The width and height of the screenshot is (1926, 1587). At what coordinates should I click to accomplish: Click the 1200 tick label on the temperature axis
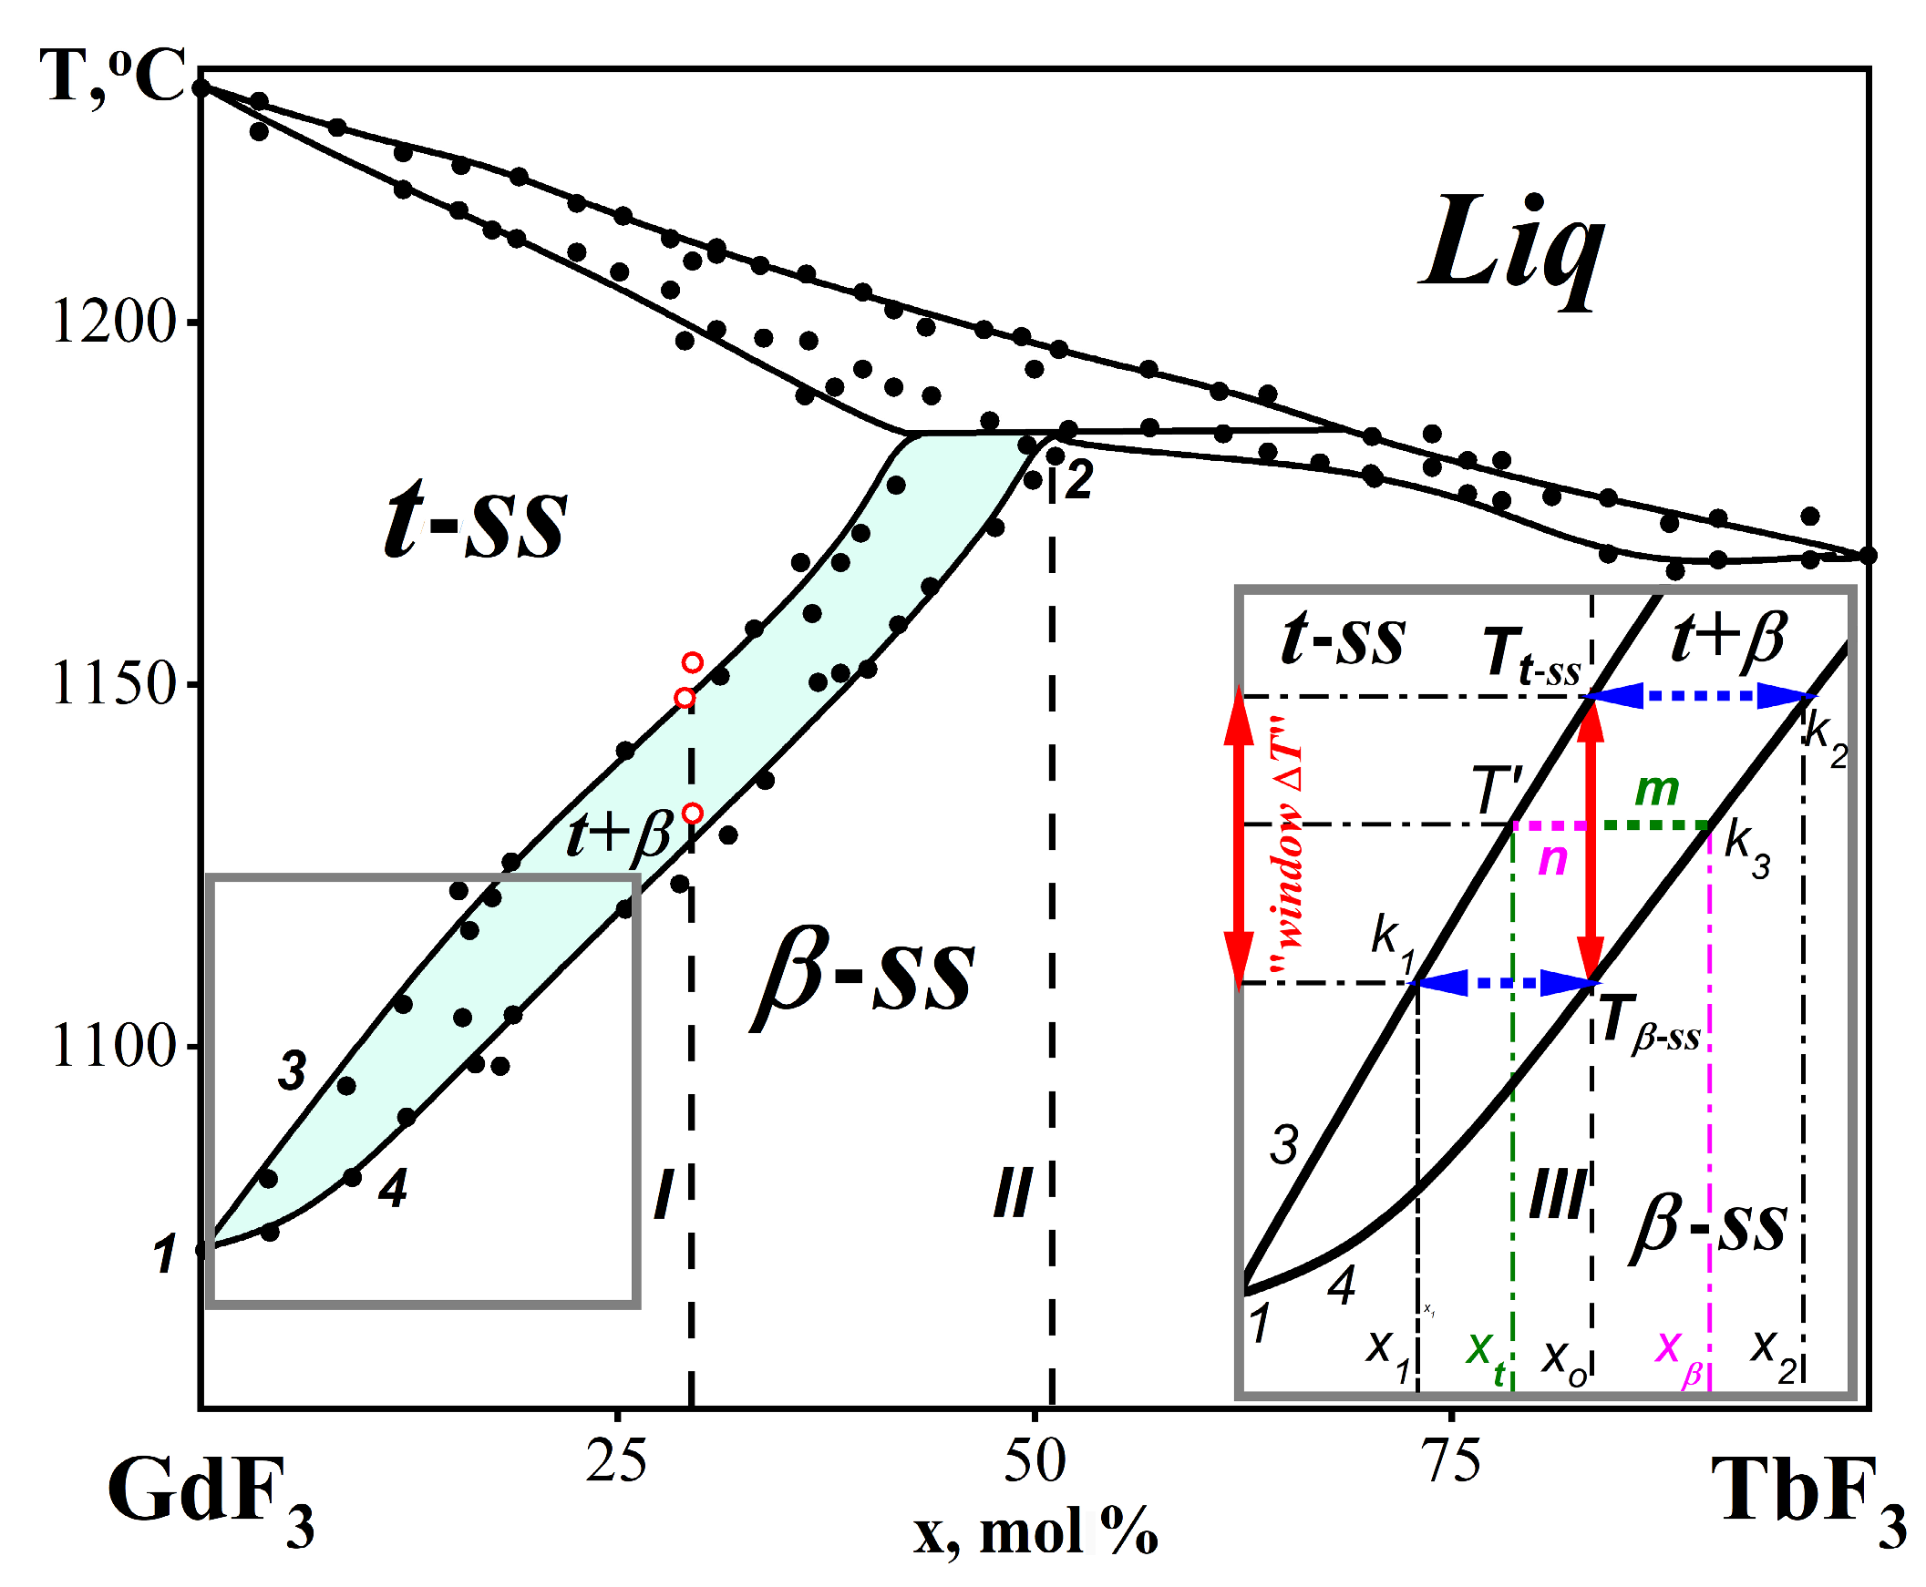[112, 322]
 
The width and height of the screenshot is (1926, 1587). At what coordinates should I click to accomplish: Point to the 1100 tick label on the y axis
[112, 1046]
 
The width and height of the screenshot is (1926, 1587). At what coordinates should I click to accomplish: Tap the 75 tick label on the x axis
[1452, 1461]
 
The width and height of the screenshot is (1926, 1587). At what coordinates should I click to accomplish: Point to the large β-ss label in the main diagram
[864, 977]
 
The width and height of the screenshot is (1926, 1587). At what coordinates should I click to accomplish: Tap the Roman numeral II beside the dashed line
[1013, 1193]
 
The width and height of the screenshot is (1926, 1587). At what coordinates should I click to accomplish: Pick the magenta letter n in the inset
[1553, 859]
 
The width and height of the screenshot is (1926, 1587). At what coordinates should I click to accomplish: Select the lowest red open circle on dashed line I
[693, 814]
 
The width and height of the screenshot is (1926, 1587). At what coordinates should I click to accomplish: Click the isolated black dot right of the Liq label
[1535, 201]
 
